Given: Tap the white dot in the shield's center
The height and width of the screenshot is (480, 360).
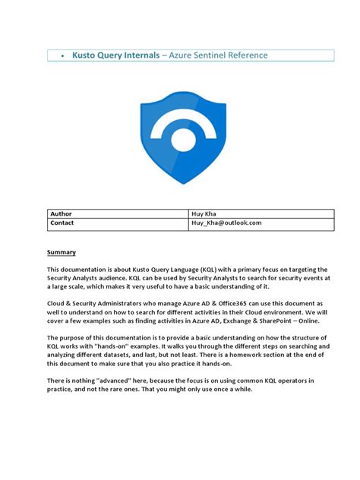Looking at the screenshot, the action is click(x=183, y=141).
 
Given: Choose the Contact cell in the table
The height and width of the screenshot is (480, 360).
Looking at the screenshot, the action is click(x=65, y=223).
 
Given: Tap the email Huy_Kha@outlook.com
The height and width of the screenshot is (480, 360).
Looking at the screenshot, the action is click(x=227, y=223).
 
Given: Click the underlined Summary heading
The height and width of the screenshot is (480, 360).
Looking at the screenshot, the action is click(x=61, y=252).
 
